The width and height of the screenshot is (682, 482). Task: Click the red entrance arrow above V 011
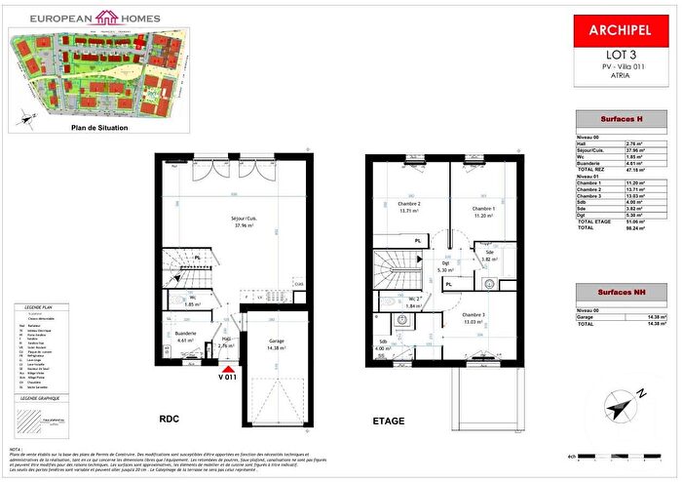click(x=228, y=368)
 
